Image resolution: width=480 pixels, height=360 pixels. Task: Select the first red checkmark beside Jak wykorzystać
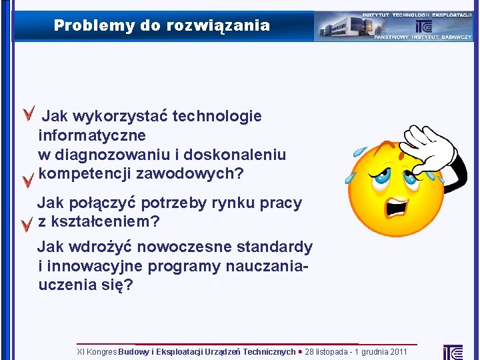(x=29, y=114)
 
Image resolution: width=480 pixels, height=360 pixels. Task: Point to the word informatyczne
(x=85, y=136)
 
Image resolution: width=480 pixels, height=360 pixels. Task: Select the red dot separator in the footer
(x=300, y=351)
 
